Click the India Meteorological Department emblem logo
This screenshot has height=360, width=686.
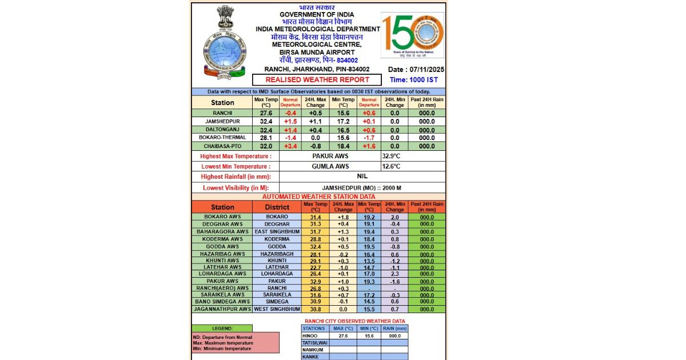click(x=225, y=43)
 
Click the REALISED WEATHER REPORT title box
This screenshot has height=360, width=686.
click(x=317, y=80)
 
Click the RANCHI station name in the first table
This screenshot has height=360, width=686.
click(x=222, y=113)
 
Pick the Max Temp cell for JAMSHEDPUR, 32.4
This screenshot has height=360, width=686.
click(x=266, y=122)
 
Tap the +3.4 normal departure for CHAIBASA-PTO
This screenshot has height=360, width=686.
click(x=290, y=146)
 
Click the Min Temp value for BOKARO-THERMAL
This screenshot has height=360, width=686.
click(x=343, y=138)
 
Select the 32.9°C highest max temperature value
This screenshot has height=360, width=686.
click(x=393, y=156)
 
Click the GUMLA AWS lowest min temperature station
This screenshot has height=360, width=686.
click(x=330, y=166)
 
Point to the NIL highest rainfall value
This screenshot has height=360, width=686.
click(x=362, y=177)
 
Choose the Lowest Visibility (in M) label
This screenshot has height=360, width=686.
click(x=236, y=187)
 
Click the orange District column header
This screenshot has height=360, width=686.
click(x=277, y=207)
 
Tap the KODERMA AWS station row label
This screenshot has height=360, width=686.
click(x=222, y=239)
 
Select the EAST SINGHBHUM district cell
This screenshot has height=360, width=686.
click(x=277, y=232)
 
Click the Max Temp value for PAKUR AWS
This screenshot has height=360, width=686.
click(x=316, y=281)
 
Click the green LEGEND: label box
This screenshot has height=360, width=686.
click(x=222, y=329)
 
